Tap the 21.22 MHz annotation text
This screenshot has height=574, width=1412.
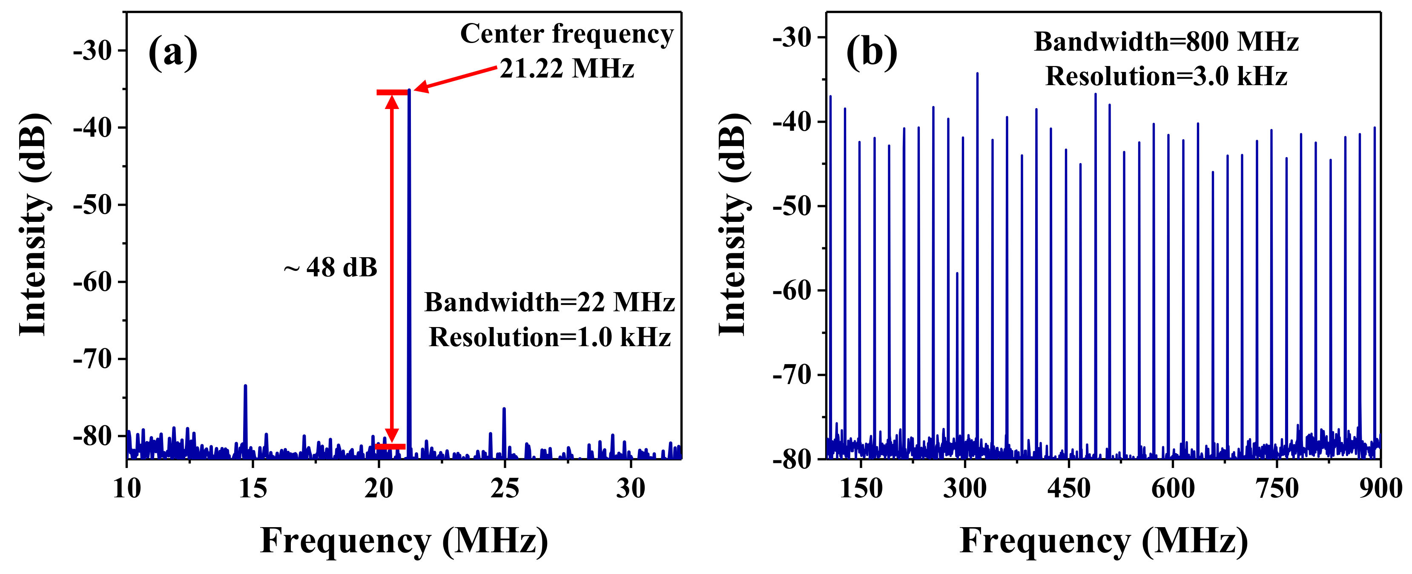point(567,69)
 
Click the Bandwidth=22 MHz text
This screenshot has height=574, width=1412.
point(549,303)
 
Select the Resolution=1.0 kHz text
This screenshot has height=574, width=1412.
point(549,337)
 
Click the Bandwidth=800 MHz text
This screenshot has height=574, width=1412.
point(1166,42)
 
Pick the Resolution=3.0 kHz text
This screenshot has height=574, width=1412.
point(1166,76)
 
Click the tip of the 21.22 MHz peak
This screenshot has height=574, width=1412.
point(409,90)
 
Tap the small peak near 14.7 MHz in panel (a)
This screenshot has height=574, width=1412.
point(245,387)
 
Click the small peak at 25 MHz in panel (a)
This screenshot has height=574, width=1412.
point(504,410)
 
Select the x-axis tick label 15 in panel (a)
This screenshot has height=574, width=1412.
point(253,488)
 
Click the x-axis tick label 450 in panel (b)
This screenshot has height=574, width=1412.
point(1068,488)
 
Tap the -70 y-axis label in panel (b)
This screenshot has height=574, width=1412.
point(792,375)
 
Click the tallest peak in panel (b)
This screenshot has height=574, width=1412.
point(977,74)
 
